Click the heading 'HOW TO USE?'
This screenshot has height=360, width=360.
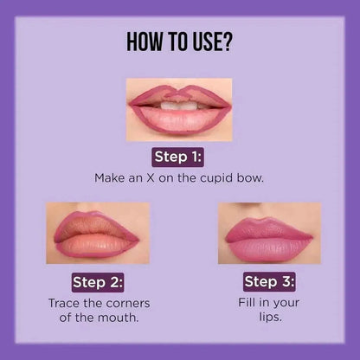click(179, 42)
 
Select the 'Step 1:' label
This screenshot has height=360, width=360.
click(179, 157)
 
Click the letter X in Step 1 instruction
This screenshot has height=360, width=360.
click(153, 177)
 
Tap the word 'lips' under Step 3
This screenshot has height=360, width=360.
click(269, 318)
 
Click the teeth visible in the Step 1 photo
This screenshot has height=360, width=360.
click(180, 106)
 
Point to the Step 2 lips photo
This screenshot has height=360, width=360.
click(97, 233)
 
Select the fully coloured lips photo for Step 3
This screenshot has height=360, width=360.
click(269, 233)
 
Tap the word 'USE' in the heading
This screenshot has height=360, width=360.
click(206, 42)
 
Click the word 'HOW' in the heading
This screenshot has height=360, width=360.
click(145, 42)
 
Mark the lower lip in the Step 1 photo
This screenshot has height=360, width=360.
click(180, 120)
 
